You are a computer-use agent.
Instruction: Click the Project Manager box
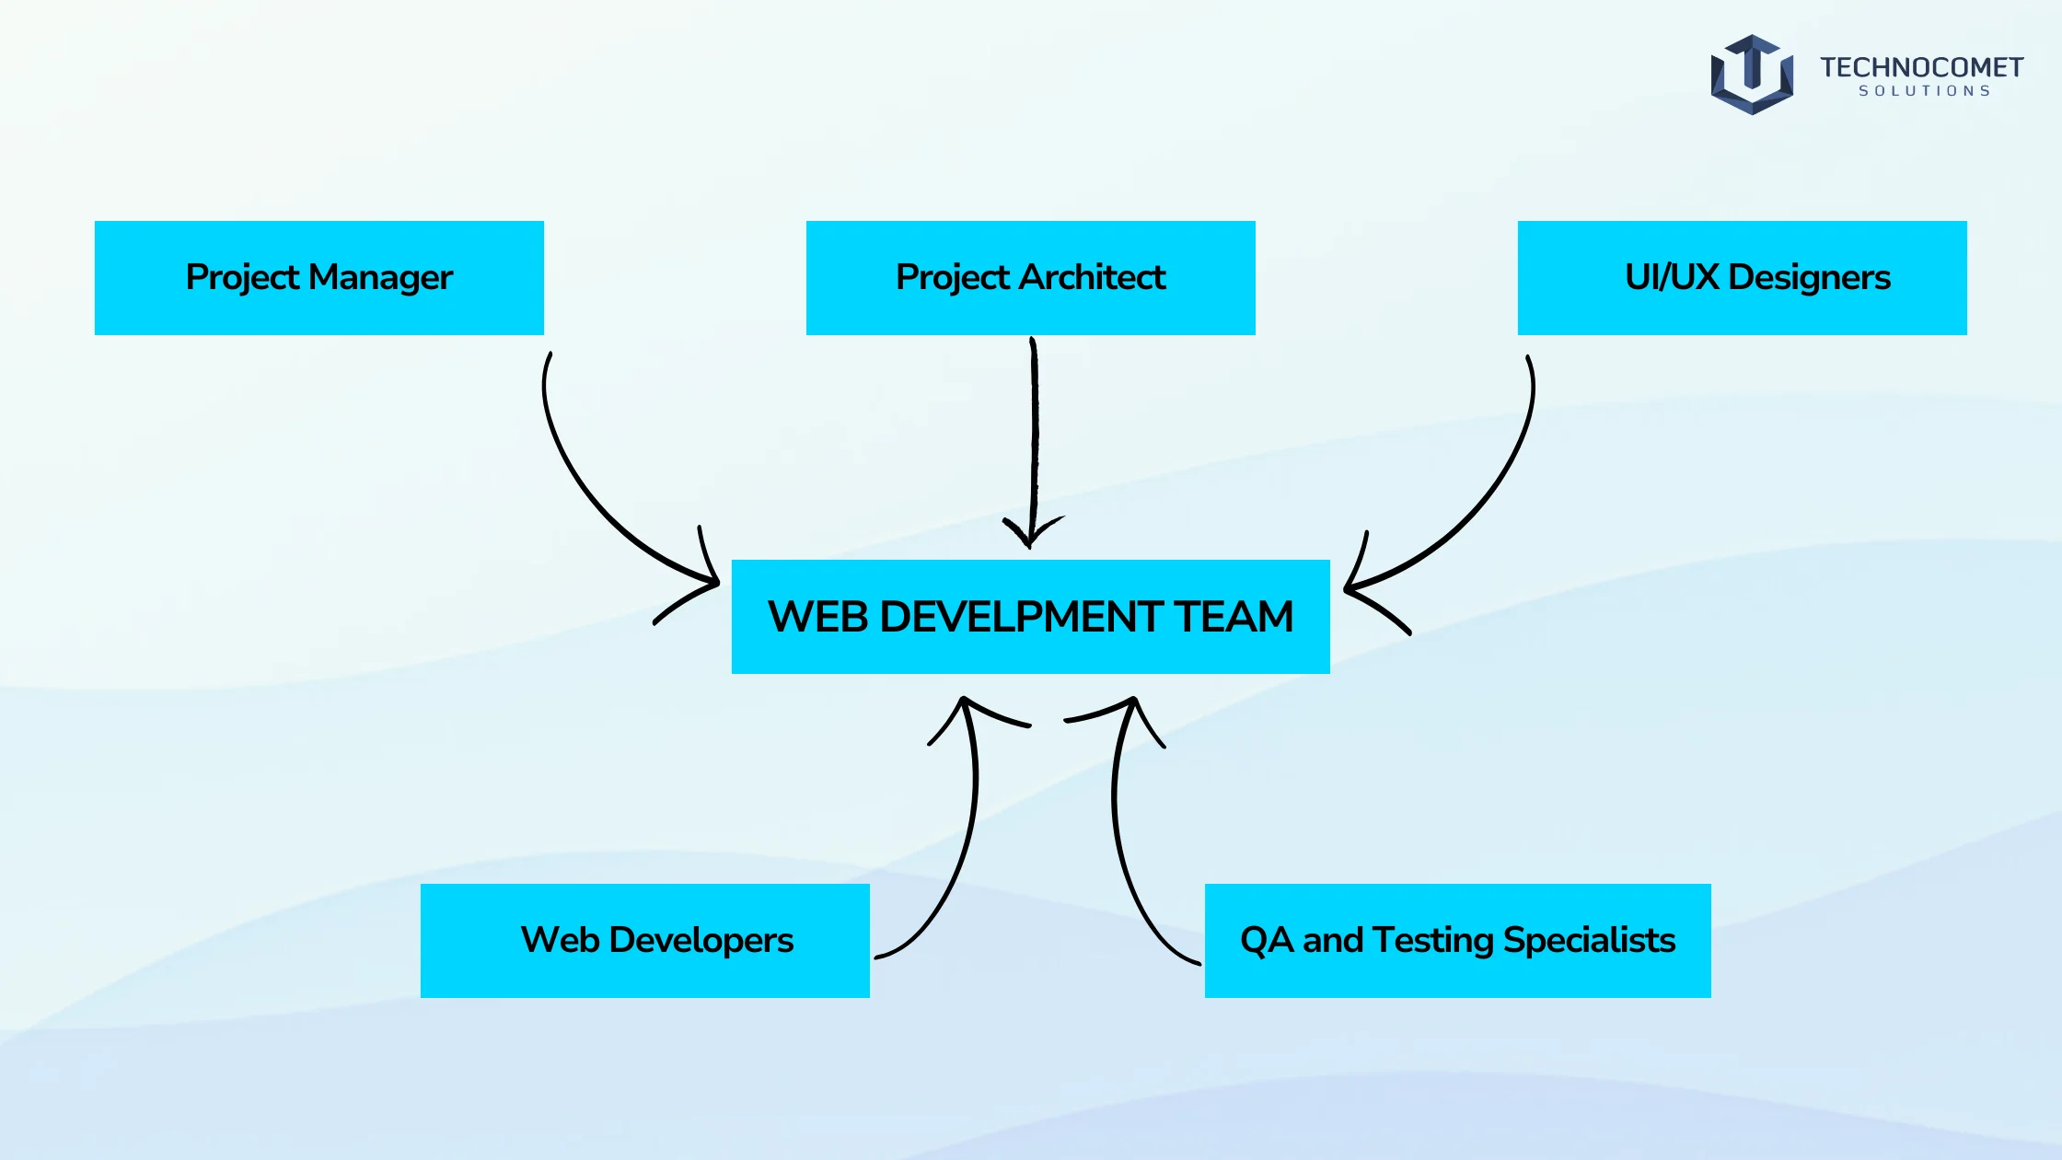pos(319,278)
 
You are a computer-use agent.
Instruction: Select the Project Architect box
pos(1031,278)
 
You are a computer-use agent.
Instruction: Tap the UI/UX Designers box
pos(1743,278)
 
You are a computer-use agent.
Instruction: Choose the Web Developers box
pos(645,941)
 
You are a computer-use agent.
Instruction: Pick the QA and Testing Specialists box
pos(1458,941)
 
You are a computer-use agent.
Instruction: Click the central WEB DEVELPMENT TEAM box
pos(1031,617)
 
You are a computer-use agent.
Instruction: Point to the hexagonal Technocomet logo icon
pos(1752,75)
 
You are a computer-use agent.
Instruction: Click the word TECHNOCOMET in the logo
pos(1921,67)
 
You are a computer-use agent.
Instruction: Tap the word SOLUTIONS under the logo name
pos(1925,91)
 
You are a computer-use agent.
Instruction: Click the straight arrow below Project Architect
pos(1034,442)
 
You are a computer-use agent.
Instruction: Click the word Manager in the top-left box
pos(380,278)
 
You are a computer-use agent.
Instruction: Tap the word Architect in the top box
pos(1093,277)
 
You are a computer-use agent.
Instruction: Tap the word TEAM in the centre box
pos(1234,617)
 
